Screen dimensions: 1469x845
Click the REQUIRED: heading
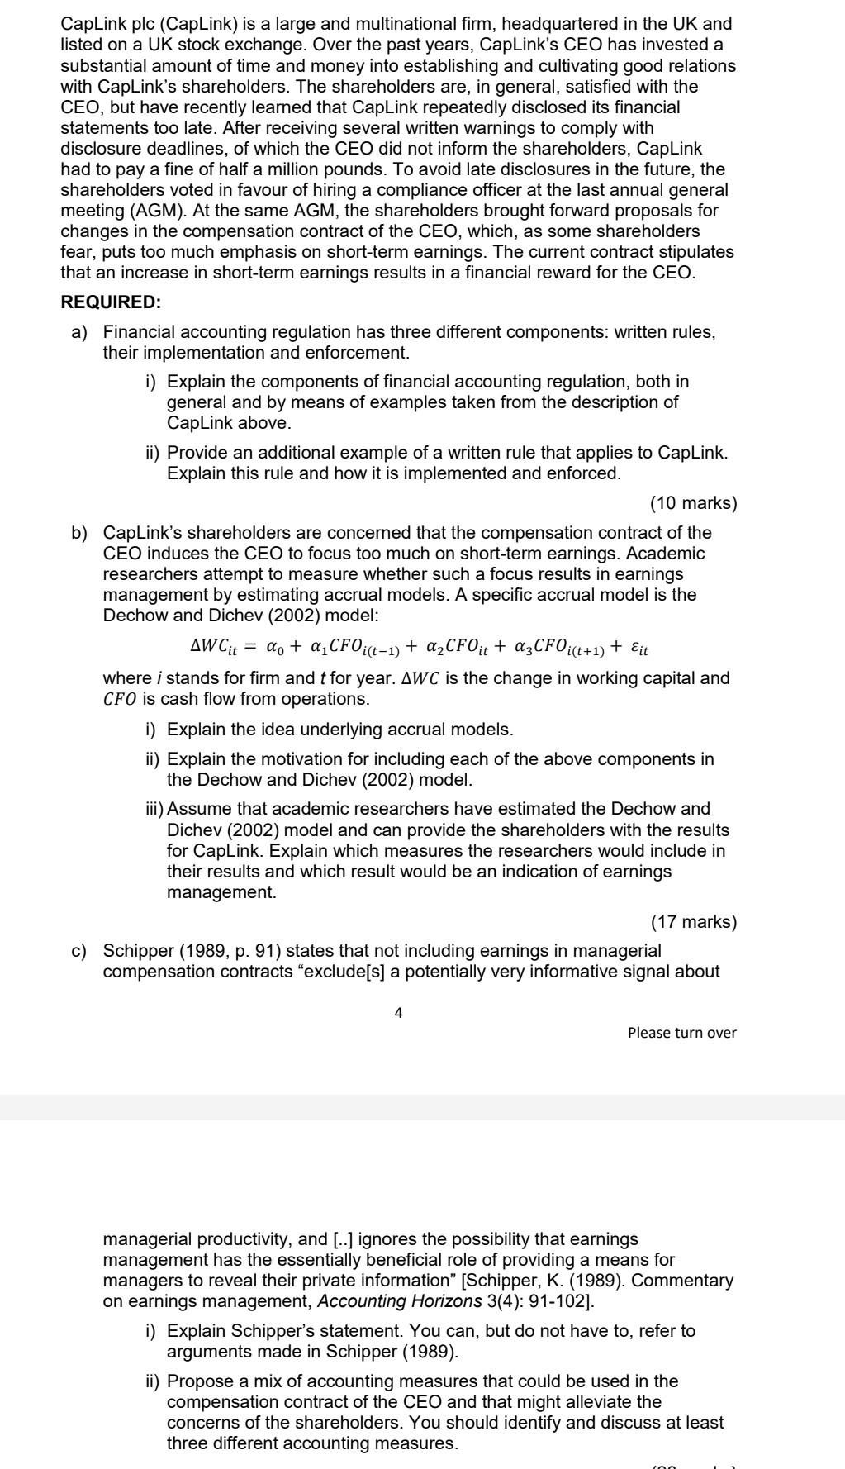tap(111, 302)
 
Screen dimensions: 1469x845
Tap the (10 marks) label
tap(693, 503)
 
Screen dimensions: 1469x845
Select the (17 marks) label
tap(693, 922)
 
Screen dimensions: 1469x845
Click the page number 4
tap(399, 1013)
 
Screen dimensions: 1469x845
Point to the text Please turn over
tap(681, 1033)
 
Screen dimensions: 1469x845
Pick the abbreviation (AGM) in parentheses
tap(154, 211)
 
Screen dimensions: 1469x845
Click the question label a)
tap(79, 332)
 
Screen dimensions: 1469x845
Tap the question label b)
tap(79, 533)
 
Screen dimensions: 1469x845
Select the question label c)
tap(79, 951)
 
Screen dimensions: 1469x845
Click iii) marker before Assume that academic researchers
tap(154, 809)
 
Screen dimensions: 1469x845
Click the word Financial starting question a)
tap(139, 332)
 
